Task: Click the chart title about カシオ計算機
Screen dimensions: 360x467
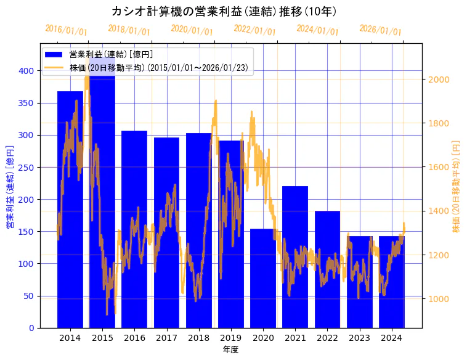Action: [x=224, y=11]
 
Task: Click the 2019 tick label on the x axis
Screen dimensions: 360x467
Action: [x=231, y=338]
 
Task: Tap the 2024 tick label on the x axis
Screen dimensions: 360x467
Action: [x=392, y=338]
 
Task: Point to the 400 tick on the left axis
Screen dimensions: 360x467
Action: [x=26, y=71]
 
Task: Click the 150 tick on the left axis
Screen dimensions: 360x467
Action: [x=26, y=232]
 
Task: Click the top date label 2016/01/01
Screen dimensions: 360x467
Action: [x=67, y=30]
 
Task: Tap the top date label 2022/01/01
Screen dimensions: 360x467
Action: [x=255, y=30]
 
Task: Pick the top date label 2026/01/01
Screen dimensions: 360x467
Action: [x=380, y=30]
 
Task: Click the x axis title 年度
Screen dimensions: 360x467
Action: [x=230, y=350]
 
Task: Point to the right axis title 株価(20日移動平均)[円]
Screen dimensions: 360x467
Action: [x=457, y=186]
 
